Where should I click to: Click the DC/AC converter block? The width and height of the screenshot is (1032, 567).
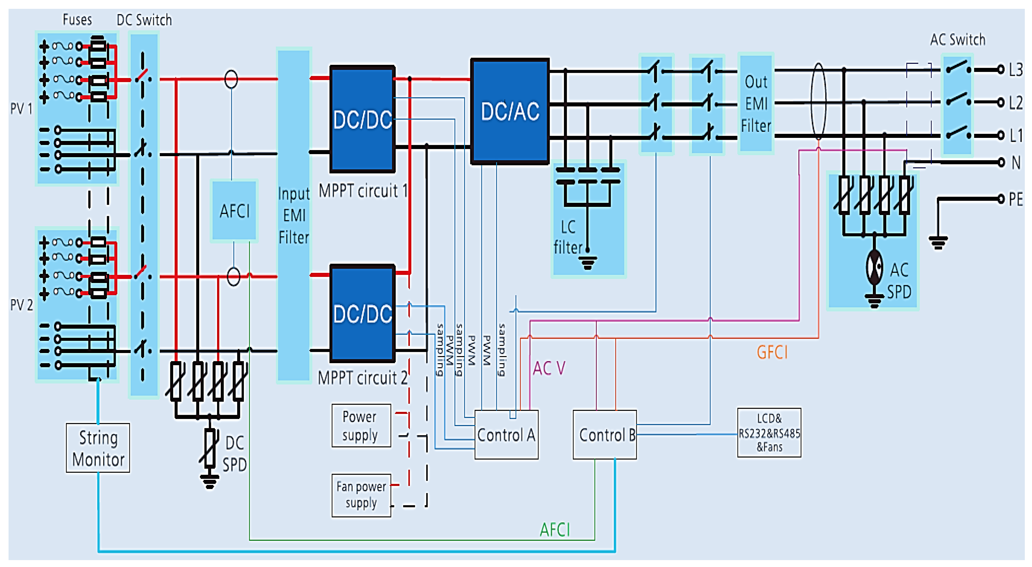[x=510, y=111]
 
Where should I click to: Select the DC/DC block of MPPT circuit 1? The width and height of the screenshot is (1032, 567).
[x=362, y=119]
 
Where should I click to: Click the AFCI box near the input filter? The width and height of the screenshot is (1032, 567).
[x=234, y=211]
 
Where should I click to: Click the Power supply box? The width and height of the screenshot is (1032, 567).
[x=360, y=426]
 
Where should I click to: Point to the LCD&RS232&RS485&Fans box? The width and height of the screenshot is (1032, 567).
[x=769, y=433]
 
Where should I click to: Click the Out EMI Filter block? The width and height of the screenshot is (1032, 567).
[x=756, y=103]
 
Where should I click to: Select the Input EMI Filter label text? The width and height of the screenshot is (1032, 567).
[x=294, y=216]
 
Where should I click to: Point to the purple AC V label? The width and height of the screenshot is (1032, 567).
[x=549, y=368]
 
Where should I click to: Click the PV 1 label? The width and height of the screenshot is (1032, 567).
[x=21, y=109]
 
